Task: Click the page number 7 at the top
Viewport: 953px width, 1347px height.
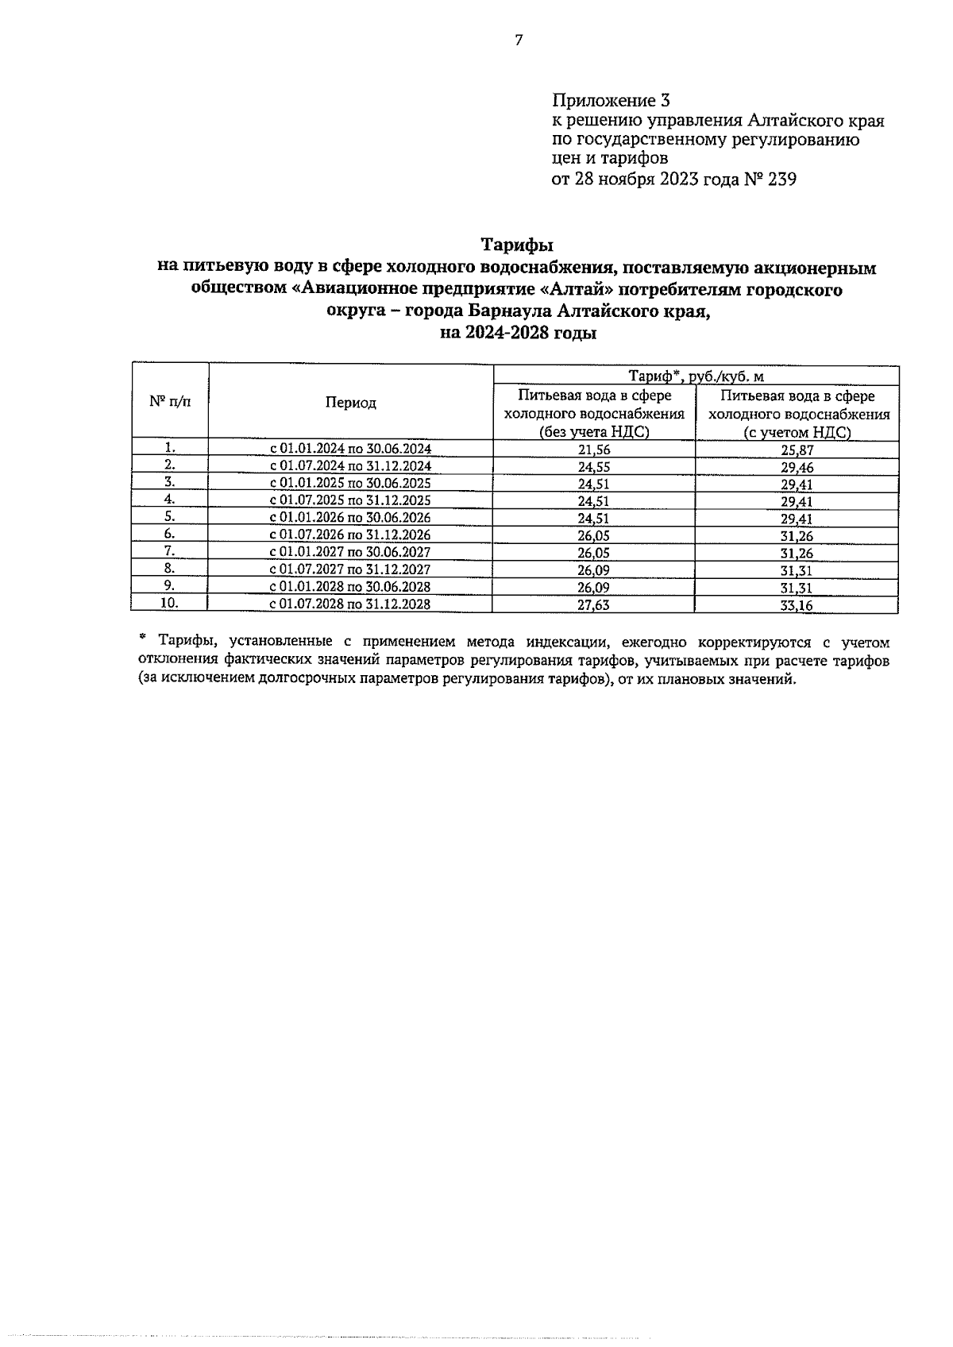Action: pyautogui.click(x=519, y=41)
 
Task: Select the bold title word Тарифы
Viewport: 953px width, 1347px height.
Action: pyautogui.click(x=518, y=245)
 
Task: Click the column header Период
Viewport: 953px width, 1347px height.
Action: pyautogui.click(x=350, y=403)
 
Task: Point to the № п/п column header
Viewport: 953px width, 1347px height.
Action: pyautogui.click(x=170, y=401)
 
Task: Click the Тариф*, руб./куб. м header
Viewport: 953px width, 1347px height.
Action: pyautogui.click(x=696, y=376)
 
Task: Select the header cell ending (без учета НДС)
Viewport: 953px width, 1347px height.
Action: pyautogui.click(x=594, y=414)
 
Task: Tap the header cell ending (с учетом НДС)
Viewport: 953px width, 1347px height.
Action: pyautogui.click(x=797, y=414)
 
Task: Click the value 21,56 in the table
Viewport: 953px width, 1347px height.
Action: pyautogui.click(x=593, y=450)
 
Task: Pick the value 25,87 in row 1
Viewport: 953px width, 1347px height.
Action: pyautogui.click(x=797, y=450)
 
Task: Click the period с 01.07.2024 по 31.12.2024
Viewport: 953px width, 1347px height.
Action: pyautogui.click(x=350, y=466)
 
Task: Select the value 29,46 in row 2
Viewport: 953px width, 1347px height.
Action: pyautogui.click(x=797, y=468)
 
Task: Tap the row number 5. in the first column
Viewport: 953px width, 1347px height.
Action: pyautogui.click(x=169, y=515)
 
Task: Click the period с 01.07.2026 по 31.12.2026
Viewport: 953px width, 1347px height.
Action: pyautogui.click(x=350, y=535)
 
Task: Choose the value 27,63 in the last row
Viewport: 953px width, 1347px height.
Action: pyautogui.click(x=593, y=605)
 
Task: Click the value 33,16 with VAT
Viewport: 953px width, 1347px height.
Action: pyautogui.click(x=797, y=606)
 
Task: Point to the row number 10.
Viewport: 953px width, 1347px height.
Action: pyautogui.click(x=169, y=603)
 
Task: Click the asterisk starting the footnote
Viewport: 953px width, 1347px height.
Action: pyautogui.click(x=143, y=638)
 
